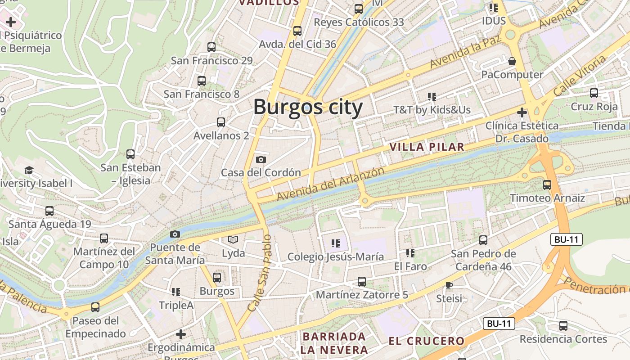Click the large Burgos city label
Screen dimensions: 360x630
(308, 108)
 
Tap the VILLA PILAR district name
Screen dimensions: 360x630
(426, 147)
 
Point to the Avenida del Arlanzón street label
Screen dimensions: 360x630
(331, 184)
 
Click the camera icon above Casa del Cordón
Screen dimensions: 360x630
(261, 159)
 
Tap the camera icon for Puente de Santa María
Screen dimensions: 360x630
(175, 234)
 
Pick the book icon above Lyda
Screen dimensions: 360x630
(233, 239)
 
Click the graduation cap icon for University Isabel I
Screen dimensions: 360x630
(29, 170)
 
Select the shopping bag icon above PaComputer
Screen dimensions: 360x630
(512, 61)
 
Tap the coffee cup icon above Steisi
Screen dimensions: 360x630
(449, 285)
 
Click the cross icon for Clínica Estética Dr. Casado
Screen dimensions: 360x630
(522, 112)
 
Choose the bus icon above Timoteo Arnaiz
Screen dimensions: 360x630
(547, 184)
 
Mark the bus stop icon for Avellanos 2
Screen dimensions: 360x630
(220, 122)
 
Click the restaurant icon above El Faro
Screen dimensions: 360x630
(410, 253)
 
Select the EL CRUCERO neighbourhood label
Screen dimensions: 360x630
(426, 341)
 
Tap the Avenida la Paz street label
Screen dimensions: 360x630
(465, 53)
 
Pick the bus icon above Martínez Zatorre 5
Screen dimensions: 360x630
(361, 282)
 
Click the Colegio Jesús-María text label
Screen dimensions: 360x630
(335, 256)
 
